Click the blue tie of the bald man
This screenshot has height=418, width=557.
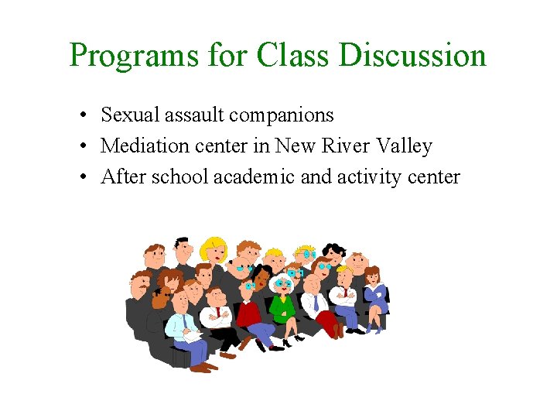315,303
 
